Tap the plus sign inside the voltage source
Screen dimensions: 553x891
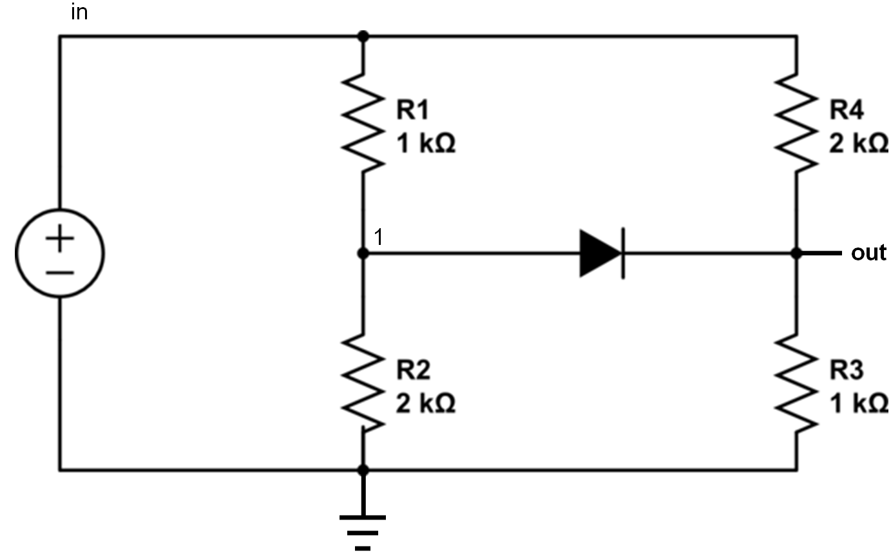click(59, 240)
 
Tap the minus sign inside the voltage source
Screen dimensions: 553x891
click(59, 271)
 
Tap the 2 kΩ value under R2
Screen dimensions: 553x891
click(425, 403)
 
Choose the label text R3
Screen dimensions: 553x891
click(847, 370)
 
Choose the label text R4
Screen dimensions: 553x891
click(847, 110)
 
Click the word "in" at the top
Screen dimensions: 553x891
click(79, 12)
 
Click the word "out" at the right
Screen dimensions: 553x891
click(868, 253)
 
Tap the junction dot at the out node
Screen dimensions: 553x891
click(796, 253)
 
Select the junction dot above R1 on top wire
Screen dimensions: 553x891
click(363, 36)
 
